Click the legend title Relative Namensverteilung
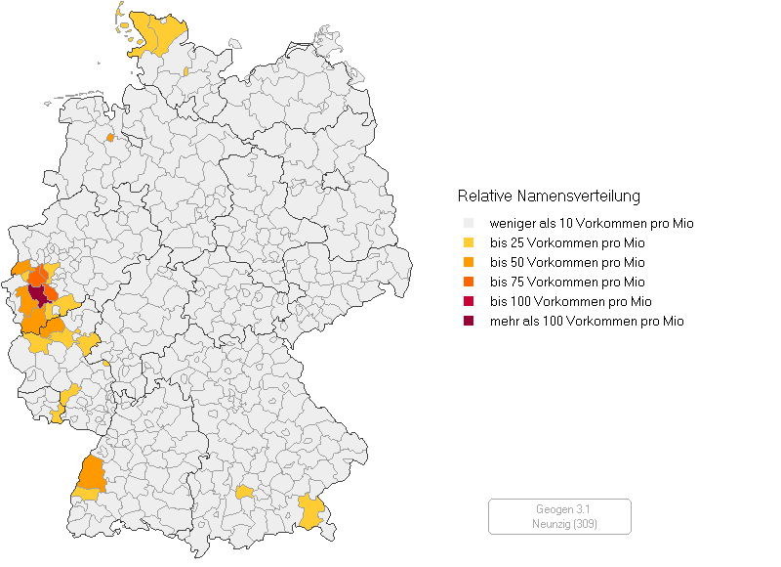coord(549,196)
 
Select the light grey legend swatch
coord(469,224)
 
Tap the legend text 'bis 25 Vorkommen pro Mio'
coord(567,243)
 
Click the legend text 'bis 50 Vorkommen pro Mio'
coord(567,263)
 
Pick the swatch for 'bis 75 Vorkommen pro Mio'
coord(469,283)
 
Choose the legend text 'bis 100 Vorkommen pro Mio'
coord(570,301)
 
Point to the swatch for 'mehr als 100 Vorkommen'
coord(469,321)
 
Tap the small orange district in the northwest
coord(109,138)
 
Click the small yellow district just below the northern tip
coord(185,72)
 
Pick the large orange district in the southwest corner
coord(92,473)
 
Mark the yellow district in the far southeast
coord(311,511)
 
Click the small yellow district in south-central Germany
coord(244,491)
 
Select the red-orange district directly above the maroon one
coord(37,279)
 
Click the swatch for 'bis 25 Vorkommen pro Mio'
coord(469,243)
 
